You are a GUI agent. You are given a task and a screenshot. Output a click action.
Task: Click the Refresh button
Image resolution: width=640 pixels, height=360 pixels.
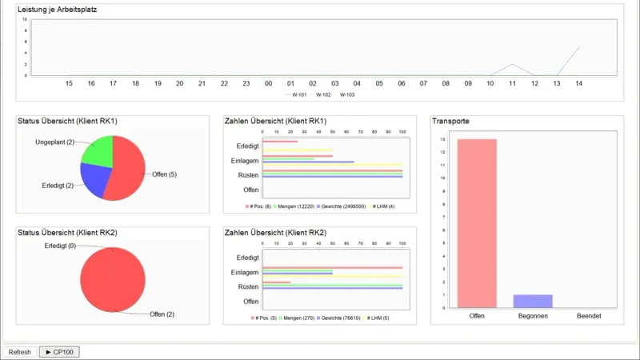(x=20, y=352)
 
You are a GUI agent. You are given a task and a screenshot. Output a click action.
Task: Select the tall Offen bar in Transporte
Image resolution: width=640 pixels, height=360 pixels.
(x=477, y=223)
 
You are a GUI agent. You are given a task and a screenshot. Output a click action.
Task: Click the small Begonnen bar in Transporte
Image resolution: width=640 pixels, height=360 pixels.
(x=533, y=302)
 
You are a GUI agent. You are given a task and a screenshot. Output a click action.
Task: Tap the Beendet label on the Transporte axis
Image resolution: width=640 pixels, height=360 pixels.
(x=589, y=317)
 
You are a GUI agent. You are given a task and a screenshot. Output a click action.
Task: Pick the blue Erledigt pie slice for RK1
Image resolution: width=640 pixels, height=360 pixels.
(x=94, y=182)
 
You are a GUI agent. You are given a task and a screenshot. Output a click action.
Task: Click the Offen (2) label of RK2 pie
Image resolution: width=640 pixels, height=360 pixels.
(x=164, y=314)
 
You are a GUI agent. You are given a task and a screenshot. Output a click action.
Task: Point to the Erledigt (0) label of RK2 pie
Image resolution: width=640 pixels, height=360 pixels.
(x=61, y=246)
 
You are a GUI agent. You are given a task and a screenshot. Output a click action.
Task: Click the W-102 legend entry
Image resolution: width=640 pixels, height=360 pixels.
(x=323, y=94)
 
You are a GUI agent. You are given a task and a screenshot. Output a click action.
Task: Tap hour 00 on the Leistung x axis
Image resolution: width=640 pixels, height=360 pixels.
(x=269, y=83)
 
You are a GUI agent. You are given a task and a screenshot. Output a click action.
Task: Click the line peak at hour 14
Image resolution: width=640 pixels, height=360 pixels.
(x=578, y=48)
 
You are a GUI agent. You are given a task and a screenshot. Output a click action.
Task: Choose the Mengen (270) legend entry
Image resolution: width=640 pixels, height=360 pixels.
(x=297, y=318)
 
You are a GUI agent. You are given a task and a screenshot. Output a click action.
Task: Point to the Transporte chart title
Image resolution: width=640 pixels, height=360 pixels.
(x=450, y=121)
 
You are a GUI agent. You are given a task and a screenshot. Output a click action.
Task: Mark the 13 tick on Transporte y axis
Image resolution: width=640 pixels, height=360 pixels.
(x=442, y=139)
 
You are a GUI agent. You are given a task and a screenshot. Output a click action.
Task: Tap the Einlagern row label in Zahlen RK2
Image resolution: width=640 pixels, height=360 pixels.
(x=244, y=272)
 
